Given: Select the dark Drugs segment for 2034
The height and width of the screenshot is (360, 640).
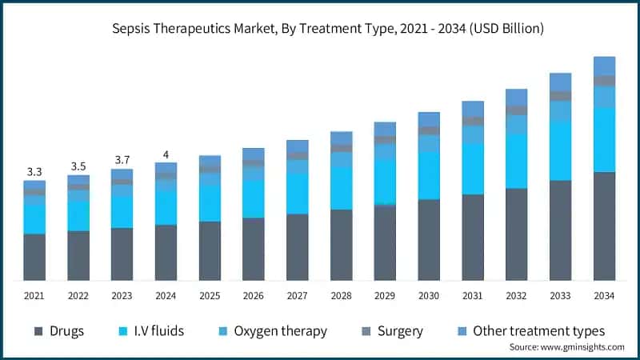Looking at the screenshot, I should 604,226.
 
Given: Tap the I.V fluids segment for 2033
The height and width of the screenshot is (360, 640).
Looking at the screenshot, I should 560,150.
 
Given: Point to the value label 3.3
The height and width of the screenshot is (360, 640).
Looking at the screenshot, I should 34,171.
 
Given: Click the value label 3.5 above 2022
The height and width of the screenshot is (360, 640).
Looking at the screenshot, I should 78,166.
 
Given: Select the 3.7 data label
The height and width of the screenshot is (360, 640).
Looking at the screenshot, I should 122,160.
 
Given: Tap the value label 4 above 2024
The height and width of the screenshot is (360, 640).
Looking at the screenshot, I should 166,154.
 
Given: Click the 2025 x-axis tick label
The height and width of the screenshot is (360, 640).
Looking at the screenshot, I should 210,296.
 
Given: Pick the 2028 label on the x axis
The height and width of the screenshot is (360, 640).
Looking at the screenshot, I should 342,296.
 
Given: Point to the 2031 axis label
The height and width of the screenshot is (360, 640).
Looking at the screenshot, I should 473,296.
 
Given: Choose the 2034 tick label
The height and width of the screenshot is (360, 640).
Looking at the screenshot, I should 604,296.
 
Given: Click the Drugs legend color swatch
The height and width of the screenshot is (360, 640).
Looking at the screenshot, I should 38,331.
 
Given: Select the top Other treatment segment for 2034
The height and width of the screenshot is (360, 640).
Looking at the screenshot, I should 604,66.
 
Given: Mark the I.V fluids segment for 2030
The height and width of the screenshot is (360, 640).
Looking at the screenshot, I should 429,175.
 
